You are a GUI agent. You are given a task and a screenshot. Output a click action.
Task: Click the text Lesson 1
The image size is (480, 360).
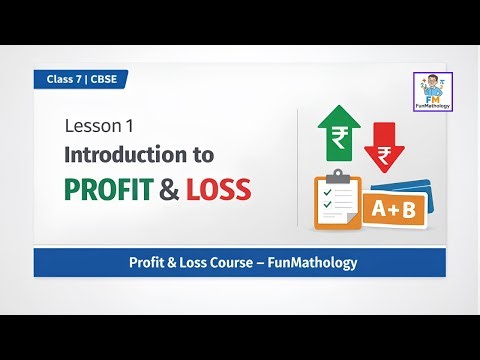click(98, 128)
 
